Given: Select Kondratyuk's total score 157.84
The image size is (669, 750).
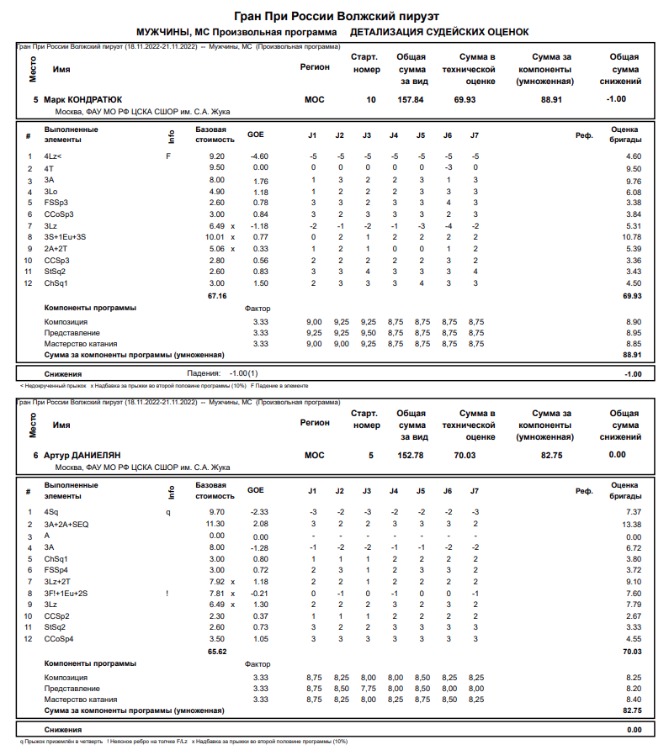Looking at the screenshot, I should pyautogui.click(x=411, y=99).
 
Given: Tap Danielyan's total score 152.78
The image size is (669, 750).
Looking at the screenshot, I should pyautogui.click(x=411, y=455).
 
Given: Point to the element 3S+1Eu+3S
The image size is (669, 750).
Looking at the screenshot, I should pyautogui.click(x=65, y=238).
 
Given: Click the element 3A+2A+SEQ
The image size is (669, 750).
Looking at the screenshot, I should pyautogui.click(x=66, y=524).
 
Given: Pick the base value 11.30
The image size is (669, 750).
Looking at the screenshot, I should pyautogui.click(x=215, y=524).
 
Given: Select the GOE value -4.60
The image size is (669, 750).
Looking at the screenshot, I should pyautogui.click(x=258, y=156).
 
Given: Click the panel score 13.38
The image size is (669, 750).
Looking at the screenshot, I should pyautogui.click(x=630, y=524).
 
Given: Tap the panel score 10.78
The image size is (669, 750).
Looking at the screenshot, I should pyautogui.click(x=630, y=238).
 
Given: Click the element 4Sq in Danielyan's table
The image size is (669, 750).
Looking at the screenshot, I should pyautogui.click(x=51, y=512).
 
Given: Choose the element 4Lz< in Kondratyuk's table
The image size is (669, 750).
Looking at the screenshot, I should pyautogui.click(x=53, y=156).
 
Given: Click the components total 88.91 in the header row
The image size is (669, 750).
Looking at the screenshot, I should pyautogui.click(x=551, y=99).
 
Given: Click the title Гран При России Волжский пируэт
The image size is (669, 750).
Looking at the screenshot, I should pyautogui.click(x=335, y=16).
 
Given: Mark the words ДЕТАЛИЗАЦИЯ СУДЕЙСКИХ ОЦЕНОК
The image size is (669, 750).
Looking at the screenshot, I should pyautogui.click(x=439, y=32).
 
